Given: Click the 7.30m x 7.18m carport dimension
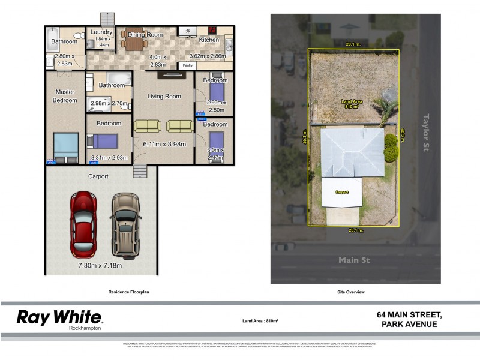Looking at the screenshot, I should [x=100, y=266].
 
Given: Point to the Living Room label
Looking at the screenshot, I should [x=164, y=96].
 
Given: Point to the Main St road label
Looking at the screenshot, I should [x=355, y=260].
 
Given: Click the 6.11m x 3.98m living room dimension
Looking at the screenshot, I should [x=164, y=144].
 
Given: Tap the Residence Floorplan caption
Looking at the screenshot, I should [x=128, y=292].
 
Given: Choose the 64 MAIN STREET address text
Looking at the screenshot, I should [x=409, y=315].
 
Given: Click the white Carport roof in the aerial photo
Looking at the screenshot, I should [x=341, y=193].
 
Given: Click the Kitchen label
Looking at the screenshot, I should [x=209, y=40].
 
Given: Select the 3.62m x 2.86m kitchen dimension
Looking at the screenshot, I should [x=207, y=55].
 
